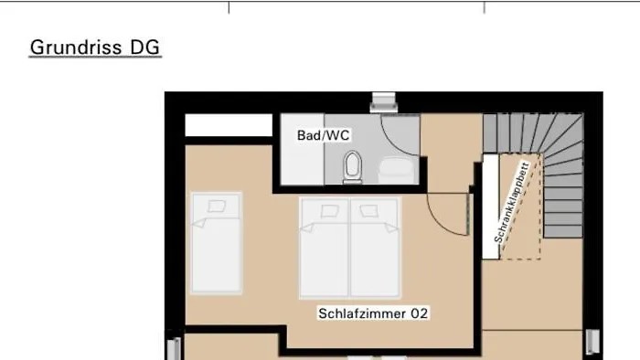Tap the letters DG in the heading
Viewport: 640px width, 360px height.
pos(144,47)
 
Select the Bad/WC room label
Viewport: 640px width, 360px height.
pos(323,134)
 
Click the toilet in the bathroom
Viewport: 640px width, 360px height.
pos(353,166)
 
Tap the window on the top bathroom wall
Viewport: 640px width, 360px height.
pos(381,101)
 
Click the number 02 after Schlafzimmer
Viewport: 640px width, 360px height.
pos(419,312)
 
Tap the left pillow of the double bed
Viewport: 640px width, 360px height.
pos(325,211)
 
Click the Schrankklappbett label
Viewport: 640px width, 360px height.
pos(511,202)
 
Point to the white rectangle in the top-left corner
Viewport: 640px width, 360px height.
pos(229,125)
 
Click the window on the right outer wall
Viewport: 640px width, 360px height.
pos(592,341)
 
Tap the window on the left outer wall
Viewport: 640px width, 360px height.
pos(174,347)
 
